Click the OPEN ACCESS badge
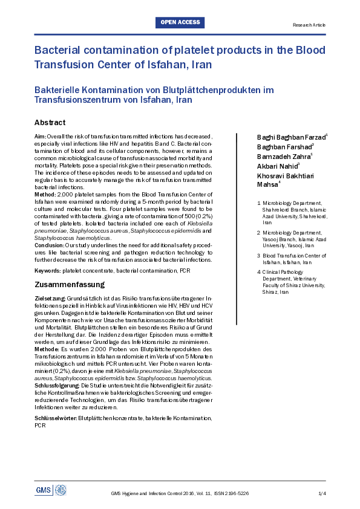tap(180, 22)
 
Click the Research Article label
tap(309, 25)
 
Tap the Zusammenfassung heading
tap(70, 284)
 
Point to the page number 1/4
tap(322, 493)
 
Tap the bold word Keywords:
tap(47, 270)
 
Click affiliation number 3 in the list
tap(260, 256)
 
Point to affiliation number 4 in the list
tap(260, 272)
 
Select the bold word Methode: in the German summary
tap(47, 349)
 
